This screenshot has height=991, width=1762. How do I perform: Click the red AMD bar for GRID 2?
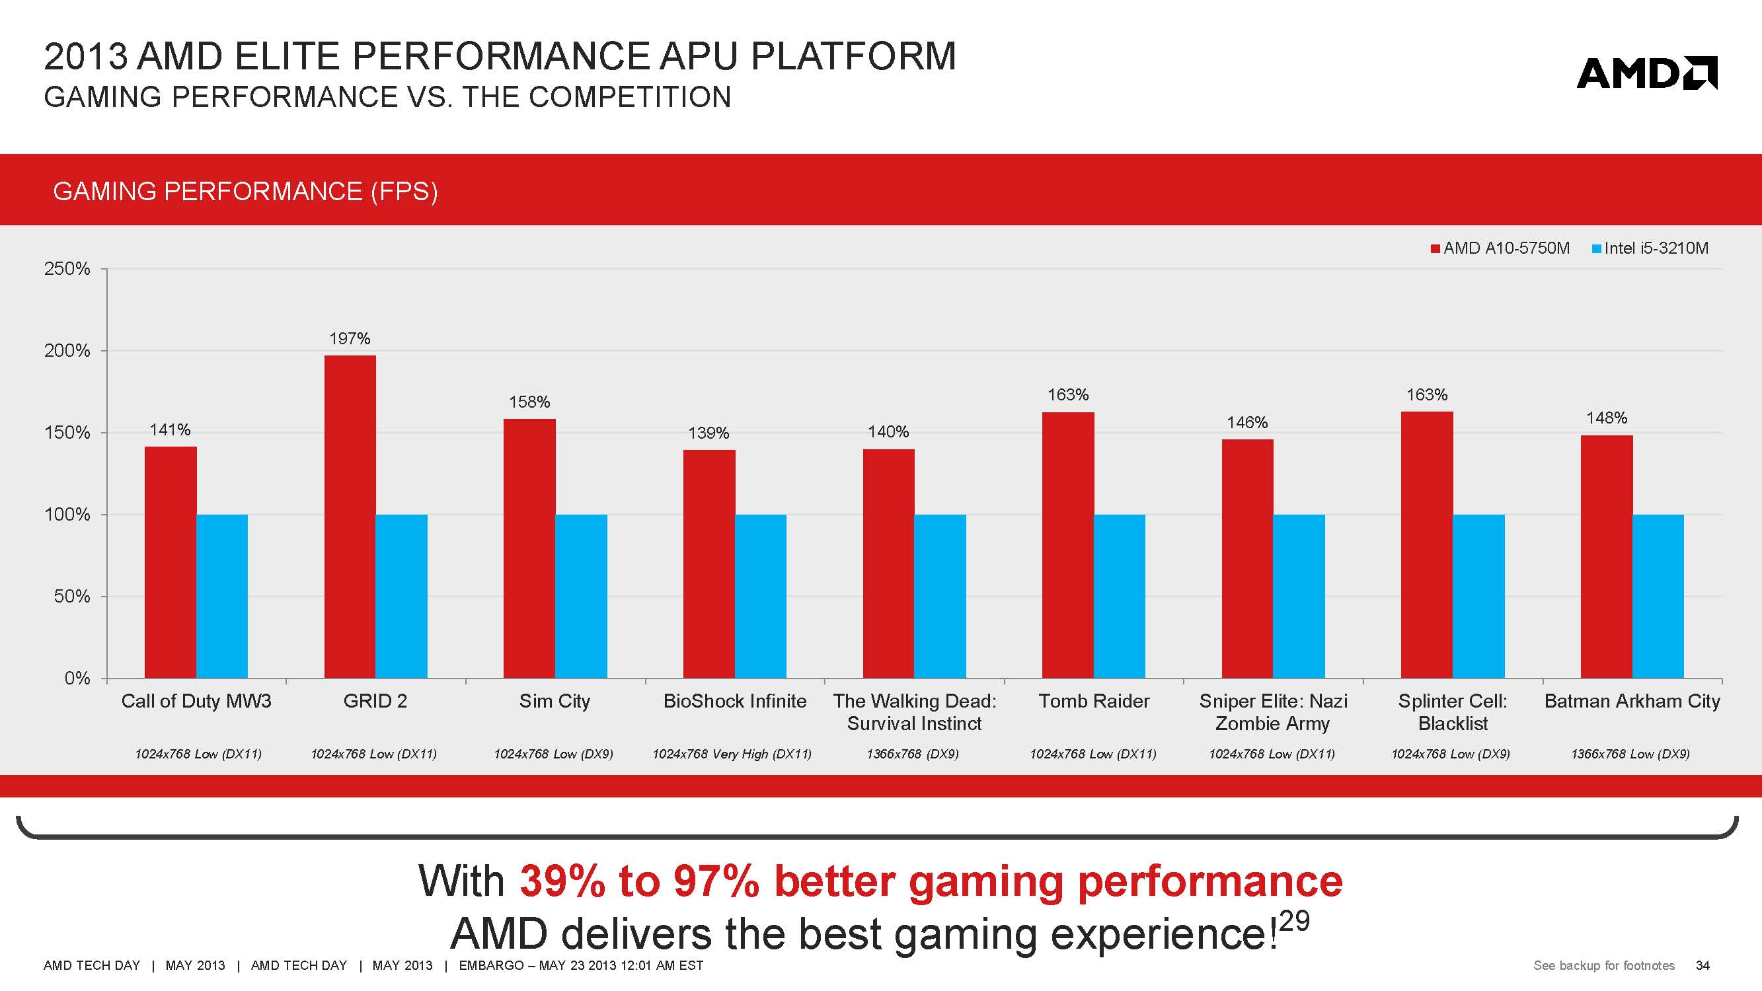(350, 517)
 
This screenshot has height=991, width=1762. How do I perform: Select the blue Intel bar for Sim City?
(581, 596)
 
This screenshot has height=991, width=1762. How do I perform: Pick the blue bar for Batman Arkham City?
(1658, 596)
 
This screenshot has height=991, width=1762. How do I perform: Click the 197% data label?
(350, 338)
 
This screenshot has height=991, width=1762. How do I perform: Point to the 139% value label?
(709, 433)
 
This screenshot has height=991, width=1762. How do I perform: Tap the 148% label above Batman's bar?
(1607, 418)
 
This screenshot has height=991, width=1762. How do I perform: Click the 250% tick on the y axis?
(67, 269)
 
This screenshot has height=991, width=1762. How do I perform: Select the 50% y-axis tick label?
(72, 597)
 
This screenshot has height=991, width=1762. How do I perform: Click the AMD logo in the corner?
(1646, 74)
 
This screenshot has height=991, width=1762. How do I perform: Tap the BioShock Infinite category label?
(735, 701)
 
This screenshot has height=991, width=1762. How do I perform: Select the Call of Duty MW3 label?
(196, 701)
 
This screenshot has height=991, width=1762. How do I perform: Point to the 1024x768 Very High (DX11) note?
(732, 754)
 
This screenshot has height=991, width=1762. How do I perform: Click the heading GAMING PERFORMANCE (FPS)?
(245, 192)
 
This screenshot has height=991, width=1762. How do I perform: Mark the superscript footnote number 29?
(1293, 920)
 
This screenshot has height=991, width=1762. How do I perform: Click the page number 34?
(1703, 965)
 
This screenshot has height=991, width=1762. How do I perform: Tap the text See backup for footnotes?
(1604, 965)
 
